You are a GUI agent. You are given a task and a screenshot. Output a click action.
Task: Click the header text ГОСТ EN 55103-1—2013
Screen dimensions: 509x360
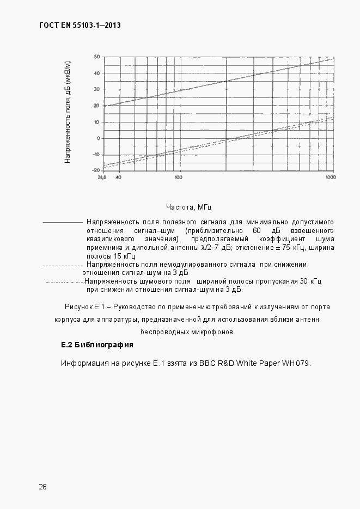tap(80, 25)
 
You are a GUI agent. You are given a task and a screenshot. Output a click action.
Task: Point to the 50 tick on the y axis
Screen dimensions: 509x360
tap(96, 57)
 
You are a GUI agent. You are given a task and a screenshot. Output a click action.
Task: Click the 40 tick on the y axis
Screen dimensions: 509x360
tap(96, 73)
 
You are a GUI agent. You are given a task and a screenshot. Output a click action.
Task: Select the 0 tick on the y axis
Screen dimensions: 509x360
tap(98, 138)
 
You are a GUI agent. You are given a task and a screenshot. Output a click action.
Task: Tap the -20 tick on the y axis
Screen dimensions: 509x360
tap(96, 170)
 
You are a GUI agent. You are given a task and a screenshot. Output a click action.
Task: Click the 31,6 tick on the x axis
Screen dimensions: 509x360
tap(102, 177)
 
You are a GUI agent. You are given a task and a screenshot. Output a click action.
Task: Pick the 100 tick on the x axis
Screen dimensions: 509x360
tap(178, 177)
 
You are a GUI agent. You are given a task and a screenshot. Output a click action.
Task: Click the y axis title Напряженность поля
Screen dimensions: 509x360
tap(68, 112)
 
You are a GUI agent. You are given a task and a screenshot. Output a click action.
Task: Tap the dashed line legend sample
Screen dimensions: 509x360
tap(62, 266)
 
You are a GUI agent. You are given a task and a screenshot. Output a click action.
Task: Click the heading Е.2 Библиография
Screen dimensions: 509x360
tap(97, 345)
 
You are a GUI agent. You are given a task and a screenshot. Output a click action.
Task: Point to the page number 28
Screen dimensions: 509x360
tap(42, 486)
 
